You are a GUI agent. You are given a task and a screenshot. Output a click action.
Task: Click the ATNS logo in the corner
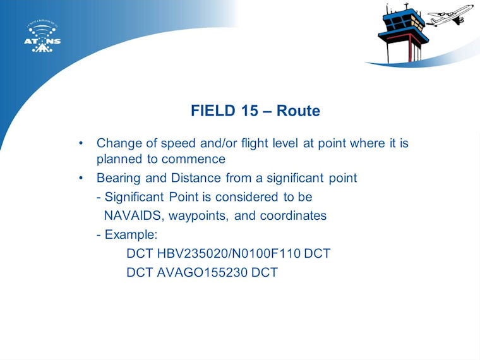pos(42,37)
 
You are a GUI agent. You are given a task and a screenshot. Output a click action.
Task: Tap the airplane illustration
pos(450,16)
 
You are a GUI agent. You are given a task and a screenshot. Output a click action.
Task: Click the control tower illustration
pos(403,33)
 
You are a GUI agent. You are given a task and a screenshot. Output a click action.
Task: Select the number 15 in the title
pos(249,111)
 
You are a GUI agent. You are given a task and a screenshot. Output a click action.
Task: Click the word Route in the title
pos(298,111)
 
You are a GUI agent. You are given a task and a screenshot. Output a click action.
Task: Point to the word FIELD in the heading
pos(213,111)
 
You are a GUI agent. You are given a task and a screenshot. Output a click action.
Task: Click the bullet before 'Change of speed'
pos(81,143)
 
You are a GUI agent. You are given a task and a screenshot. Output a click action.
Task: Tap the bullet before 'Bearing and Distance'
pos(81,178)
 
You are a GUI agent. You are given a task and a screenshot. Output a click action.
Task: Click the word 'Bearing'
pos(118,178)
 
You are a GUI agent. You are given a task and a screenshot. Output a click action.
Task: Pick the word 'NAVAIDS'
pos(132,215)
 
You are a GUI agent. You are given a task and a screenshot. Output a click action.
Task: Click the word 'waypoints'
pos(198,216)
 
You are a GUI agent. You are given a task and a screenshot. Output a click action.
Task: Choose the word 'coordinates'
pos(293,215)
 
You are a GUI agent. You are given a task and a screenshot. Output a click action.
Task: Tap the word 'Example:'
pos(131,235)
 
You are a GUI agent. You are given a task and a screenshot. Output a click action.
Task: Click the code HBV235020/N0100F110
pos(229,253)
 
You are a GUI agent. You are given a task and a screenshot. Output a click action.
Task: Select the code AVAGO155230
pos(201,272)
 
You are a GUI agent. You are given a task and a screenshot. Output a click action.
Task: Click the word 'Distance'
pos(196,178)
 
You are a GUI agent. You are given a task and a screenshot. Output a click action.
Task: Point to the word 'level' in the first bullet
pos(285,143)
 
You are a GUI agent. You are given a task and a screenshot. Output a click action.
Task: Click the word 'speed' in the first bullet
pos(178,143)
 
